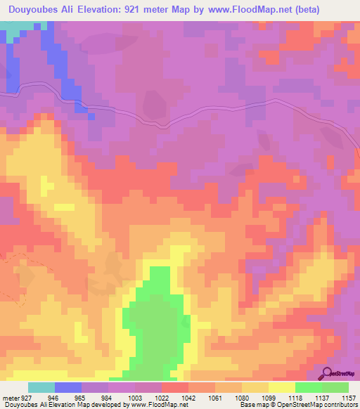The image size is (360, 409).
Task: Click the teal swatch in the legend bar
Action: pos(41,387)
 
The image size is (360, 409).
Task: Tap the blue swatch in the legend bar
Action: pos(68,387)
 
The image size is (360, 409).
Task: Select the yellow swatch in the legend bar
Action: pos(282,387)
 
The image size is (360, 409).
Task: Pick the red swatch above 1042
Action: pos(175,387)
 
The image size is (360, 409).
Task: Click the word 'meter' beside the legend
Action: pos(9,397)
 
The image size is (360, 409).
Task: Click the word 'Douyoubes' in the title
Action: pos(28,10)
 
